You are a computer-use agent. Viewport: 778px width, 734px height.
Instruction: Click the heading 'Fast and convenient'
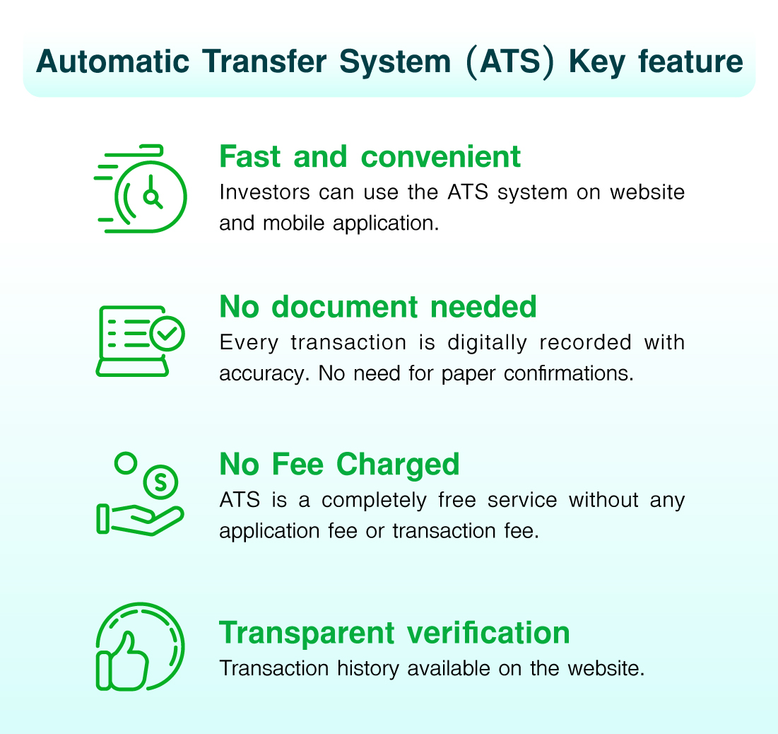[370, 157]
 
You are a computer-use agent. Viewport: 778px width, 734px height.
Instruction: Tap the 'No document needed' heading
[378, 306]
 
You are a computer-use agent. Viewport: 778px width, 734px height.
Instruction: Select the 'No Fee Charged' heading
[339, 465]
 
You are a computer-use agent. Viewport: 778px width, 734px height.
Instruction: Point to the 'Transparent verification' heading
[394, 633]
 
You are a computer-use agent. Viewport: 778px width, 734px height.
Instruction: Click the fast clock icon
[141, 189]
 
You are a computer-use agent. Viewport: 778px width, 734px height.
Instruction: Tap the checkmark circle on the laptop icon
[167, 334]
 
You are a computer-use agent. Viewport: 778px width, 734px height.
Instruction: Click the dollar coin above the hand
[160, 482]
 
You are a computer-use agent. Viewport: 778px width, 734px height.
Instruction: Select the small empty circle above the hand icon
[126, 463]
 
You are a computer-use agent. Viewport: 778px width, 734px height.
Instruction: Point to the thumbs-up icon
[123, 660]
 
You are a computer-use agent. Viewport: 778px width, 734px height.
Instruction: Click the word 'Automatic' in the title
[112, 62]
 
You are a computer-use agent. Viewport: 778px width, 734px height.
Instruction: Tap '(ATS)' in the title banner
[510, 62]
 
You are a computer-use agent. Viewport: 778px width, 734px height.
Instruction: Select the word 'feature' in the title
[690, 62]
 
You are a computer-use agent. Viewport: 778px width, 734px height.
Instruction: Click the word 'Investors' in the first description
[264, 192]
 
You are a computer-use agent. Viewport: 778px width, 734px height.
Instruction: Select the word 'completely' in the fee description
[374, 501]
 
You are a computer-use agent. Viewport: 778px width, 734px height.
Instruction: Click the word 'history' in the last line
[368, 669]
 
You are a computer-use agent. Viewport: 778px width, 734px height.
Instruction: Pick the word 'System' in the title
[395, 63]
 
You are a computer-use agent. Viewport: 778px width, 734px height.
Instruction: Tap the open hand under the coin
[141, 520]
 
